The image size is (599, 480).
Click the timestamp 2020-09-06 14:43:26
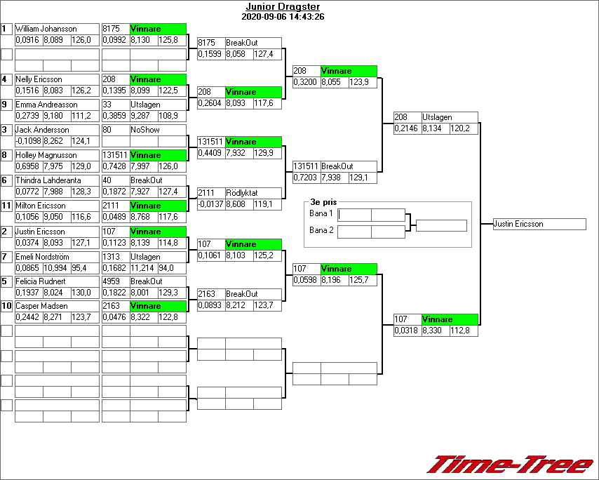coord(282,16)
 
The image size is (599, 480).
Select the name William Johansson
coord(46,29)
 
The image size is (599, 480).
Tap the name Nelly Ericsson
coord(39,79)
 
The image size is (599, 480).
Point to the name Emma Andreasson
coord(46,105)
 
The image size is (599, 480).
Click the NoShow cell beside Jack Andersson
coord(145,130)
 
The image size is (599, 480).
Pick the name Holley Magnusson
coord(46,155)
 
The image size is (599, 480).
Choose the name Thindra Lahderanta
coord(48,180)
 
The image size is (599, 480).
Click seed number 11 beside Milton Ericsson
coord(6,206)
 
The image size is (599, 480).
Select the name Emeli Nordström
coord(43,257)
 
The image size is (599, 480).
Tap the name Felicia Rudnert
coord(41,281)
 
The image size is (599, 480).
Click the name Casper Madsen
coord(41,306)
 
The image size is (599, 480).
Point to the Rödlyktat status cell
coord(243,192)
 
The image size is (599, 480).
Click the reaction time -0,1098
coord(28,141)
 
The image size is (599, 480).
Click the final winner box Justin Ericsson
coord(539,224)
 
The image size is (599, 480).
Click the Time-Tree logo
coord(511,465)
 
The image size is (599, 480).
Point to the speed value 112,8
coord(463,331)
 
